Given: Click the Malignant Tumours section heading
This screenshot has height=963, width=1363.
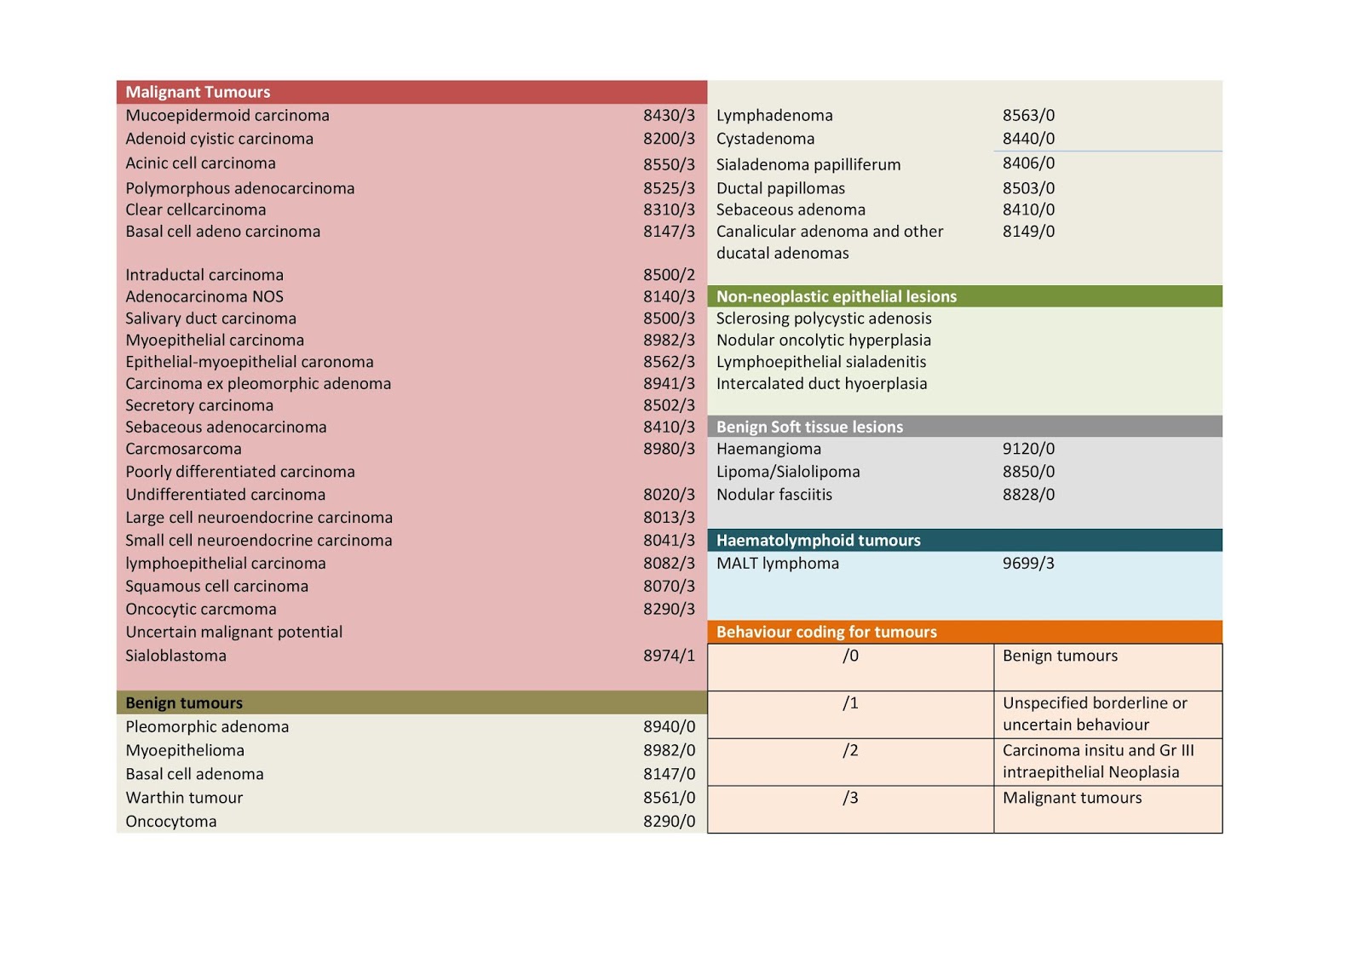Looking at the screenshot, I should (198, 92).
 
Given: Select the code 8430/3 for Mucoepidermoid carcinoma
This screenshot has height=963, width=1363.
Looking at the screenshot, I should (669, 115).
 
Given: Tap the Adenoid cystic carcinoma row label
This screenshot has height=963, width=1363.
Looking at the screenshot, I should (219, 138).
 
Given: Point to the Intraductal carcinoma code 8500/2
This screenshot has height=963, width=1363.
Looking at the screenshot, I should (669, 274).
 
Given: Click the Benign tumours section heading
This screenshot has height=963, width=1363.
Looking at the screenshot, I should (184, 702).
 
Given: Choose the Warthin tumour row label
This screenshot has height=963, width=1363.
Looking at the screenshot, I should (184, 797).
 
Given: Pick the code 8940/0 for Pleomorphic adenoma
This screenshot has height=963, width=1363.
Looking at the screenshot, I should (669, 726).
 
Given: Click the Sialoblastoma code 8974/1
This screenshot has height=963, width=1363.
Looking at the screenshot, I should (669, 656).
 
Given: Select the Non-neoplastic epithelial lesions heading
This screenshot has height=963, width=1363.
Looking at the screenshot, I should (836, 296).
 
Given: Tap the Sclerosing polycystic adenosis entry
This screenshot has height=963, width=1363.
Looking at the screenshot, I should (824, 318).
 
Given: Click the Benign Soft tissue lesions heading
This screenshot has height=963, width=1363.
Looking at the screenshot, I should (809, 427).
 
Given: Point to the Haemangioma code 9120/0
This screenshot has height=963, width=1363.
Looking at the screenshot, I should (1028, 449).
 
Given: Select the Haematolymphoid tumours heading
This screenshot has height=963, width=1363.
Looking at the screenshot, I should (818, 540).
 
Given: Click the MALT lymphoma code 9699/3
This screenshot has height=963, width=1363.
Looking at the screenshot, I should (1028, 563).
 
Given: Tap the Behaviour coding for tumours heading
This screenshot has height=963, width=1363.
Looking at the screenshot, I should (826, 632).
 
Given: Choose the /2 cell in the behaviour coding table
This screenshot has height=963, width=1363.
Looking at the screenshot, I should (850, 750).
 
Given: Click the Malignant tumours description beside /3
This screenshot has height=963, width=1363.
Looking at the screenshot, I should (1072, 798).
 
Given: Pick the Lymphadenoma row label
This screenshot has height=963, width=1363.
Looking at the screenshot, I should (774, 115).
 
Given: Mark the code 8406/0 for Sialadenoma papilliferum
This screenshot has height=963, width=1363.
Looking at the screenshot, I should (1028, 163).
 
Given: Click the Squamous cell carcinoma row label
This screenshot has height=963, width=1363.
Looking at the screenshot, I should (216, 586).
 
